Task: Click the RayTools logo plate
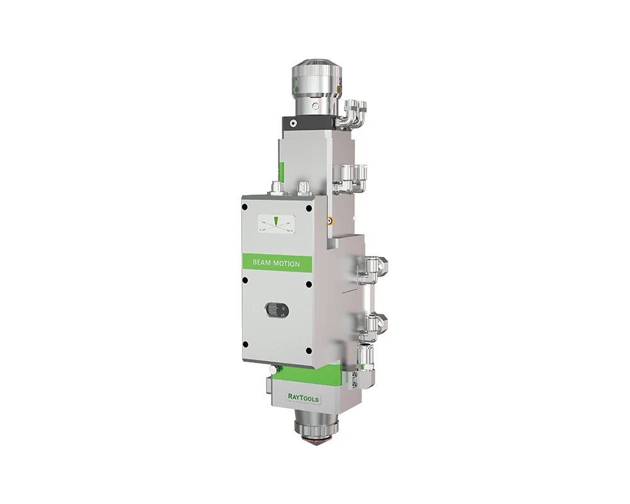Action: click(x=304, y=398)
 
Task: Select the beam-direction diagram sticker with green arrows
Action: click(x=277, y=224)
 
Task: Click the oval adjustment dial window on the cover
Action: click(x=277, y=311)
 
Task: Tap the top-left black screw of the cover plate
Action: click(x=244, y=207)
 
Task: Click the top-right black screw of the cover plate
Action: click(x=309, y=209)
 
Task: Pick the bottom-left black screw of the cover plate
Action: click(x=246, y=345)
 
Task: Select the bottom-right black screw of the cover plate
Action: click(x=308, y=350)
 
